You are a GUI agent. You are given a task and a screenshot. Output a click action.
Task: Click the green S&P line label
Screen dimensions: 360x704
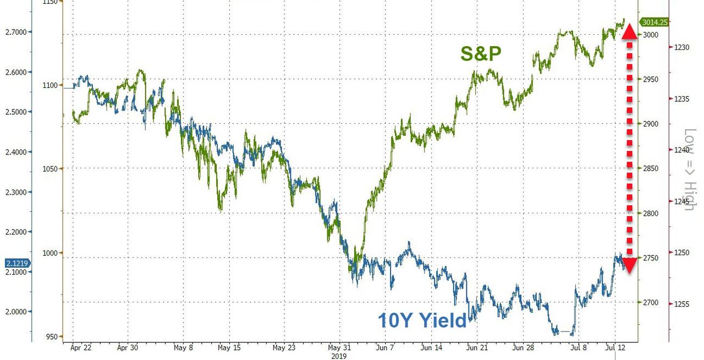481,54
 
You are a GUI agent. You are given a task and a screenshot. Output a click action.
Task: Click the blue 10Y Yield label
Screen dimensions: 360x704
422,320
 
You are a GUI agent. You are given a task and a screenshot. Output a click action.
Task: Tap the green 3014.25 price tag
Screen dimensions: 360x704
654,23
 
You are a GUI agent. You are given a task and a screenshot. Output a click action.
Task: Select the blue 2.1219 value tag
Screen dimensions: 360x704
16,263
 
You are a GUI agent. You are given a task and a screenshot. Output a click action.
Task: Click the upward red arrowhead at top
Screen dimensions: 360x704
630,31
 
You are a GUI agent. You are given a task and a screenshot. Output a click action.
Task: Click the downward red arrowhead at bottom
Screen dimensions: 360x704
630,265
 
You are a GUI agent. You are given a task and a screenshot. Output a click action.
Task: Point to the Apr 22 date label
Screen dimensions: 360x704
81,347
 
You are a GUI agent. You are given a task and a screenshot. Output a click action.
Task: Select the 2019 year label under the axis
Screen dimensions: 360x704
339,356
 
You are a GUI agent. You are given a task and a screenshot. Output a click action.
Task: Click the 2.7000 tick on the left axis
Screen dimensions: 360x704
15,32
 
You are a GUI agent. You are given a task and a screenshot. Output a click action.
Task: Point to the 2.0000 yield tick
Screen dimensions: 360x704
15,312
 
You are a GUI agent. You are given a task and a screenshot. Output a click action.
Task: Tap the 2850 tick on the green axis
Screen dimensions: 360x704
651,169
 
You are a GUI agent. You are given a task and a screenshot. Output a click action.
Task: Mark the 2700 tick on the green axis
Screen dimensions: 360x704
651,303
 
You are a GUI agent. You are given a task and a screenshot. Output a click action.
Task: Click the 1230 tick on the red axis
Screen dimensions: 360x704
681,47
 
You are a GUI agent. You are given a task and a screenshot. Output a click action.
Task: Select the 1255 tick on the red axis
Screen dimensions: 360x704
681,303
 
